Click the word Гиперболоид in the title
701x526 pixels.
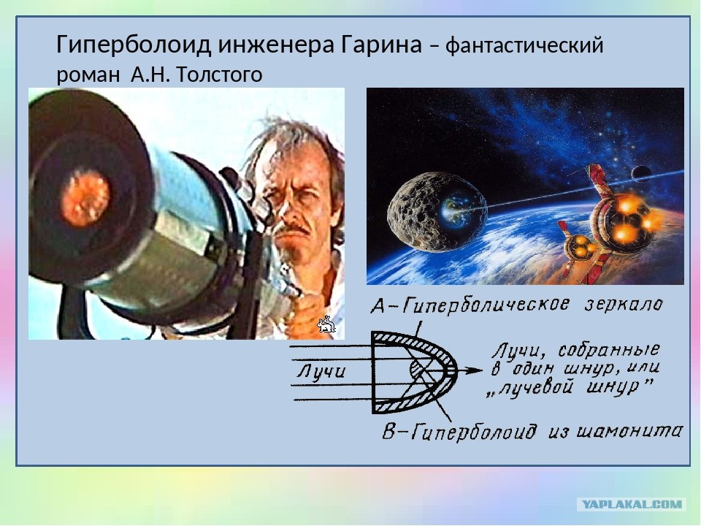(x=133, y=45)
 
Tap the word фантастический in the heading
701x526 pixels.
(x=524, y=45)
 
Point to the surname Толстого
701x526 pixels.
(x=219, y=75)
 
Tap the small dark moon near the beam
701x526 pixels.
(x=640, y=172)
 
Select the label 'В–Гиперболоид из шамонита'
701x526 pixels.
(x=532, y=431)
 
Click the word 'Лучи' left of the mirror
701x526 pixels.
(x=321, y=371)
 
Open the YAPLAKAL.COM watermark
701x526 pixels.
(x=632, y=505)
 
